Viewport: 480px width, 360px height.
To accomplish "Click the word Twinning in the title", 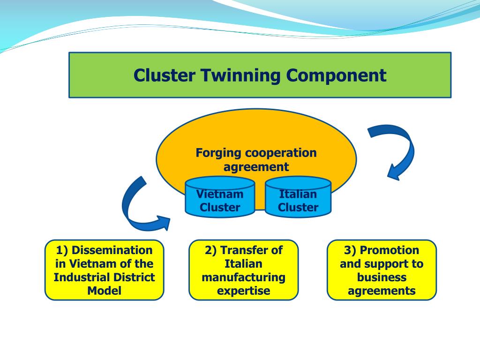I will tap(242, 75).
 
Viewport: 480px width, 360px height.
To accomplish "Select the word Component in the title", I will tap(337, 75).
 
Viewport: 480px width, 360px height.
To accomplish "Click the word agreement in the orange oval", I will tap(256, 166).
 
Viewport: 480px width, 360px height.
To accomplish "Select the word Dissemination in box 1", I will tap(112, 250).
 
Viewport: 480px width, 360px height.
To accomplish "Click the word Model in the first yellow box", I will tap(104, 291).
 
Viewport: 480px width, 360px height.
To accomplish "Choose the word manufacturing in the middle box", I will tap(243, 277).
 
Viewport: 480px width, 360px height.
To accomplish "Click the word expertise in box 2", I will tap(243, 291).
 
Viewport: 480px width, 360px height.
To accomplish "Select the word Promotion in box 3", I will tap(389, 250).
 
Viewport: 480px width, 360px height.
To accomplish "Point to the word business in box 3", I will tap(382, 277).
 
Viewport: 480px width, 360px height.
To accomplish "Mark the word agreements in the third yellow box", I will tap(382, 291).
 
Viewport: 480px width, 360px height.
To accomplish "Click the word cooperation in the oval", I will tap(281, 153).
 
